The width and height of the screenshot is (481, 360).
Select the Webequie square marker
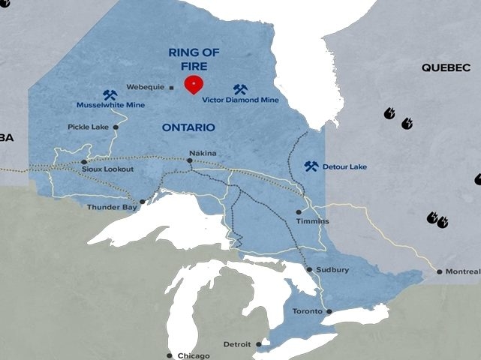172,87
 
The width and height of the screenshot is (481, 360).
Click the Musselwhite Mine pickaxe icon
110,95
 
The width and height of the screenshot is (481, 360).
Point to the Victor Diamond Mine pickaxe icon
240,89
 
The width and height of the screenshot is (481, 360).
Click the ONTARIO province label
189,128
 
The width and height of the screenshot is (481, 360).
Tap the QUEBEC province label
446,67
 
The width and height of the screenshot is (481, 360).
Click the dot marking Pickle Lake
116,127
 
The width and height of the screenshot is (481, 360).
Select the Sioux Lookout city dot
84,161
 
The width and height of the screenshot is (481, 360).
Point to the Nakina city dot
189,160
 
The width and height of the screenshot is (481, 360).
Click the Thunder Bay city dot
143,201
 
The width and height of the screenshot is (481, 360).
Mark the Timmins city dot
299,212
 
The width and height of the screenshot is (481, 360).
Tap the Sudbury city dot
309,269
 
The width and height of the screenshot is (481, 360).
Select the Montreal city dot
440,271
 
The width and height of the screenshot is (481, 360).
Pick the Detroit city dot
258,344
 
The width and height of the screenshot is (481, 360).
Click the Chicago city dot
171,355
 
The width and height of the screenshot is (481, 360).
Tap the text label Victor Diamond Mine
241,100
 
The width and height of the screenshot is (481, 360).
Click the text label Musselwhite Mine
111,106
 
